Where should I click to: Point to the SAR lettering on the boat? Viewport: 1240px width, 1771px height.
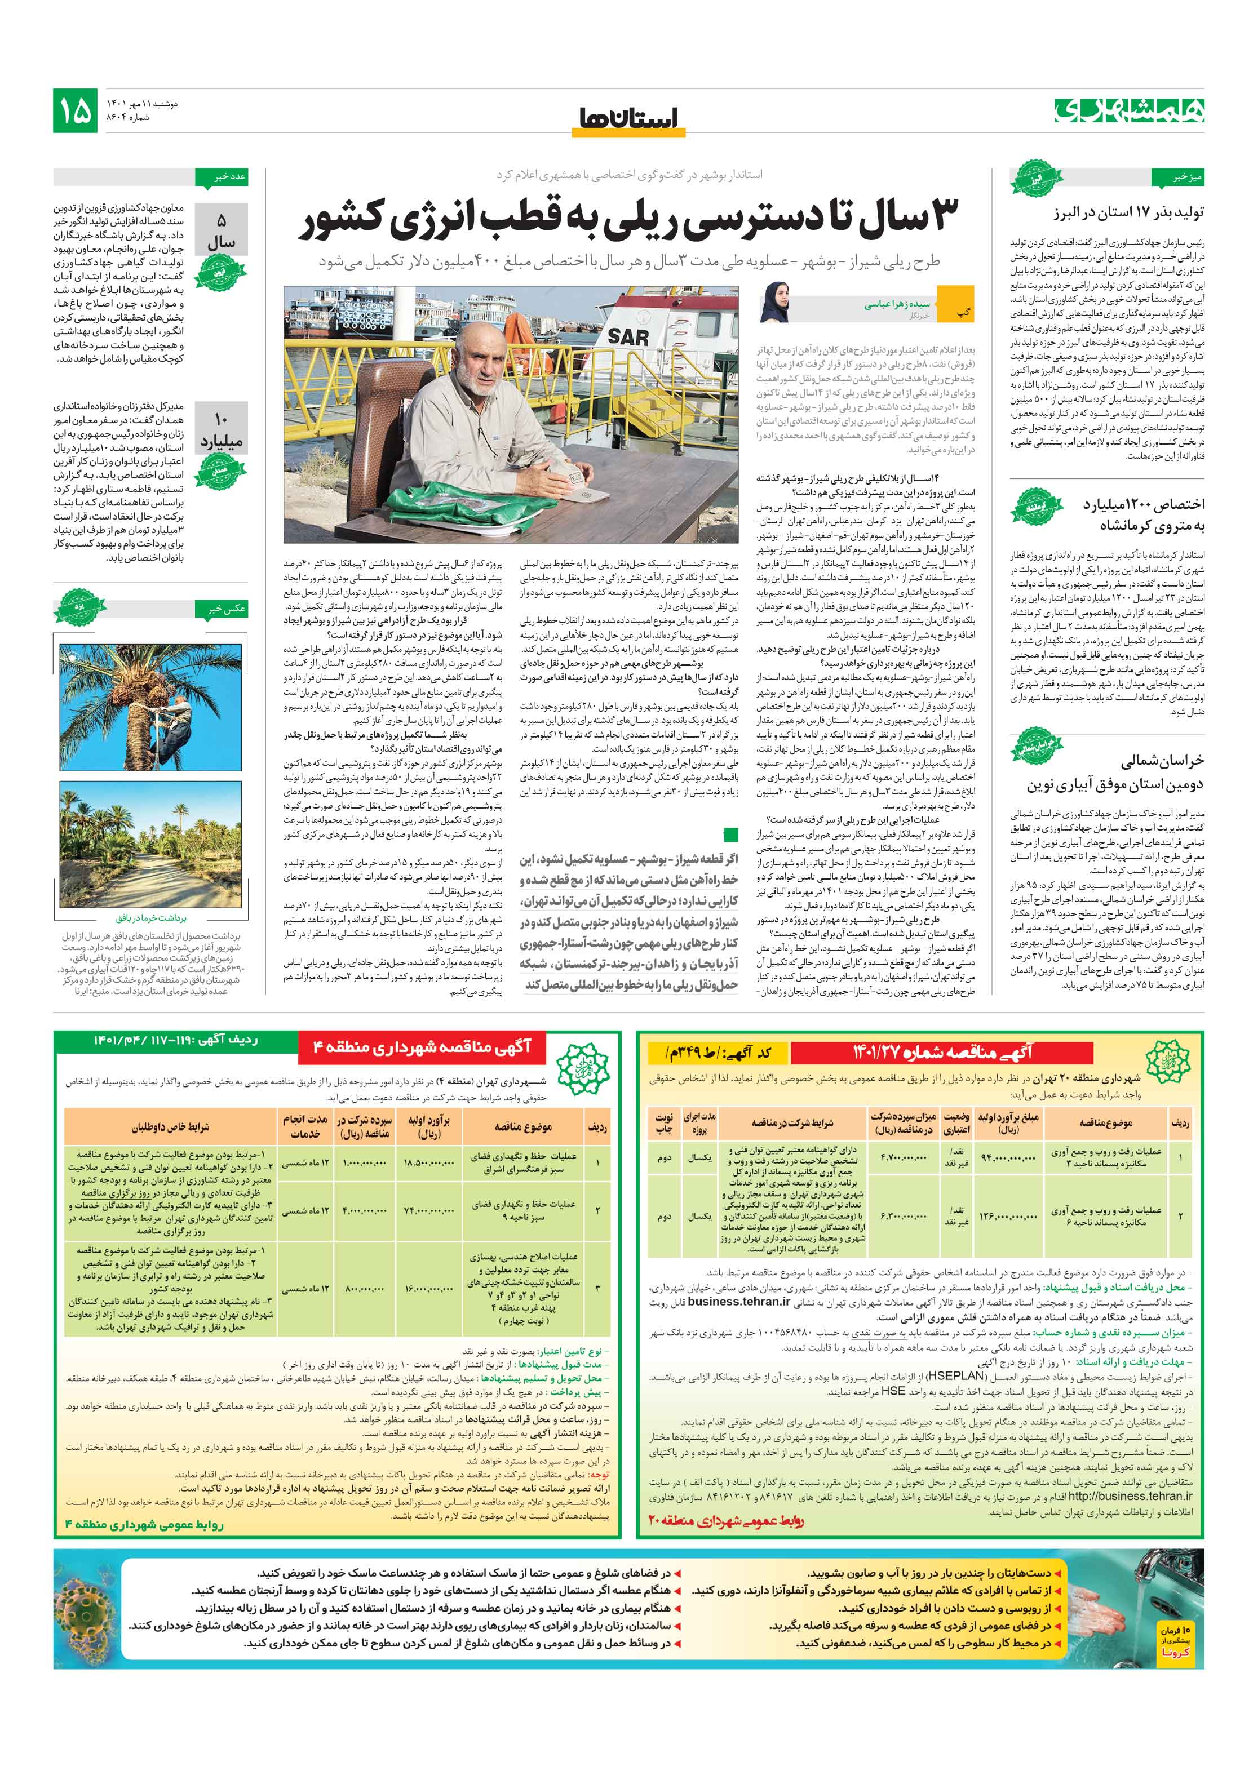(627, 336)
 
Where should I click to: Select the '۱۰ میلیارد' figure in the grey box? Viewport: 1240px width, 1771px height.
(221, 431)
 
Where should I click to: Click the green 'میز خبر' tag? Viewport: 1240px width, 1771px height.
(1176, 177)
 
